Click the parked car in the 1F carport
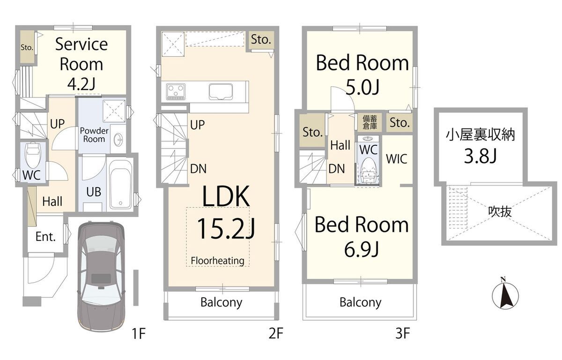[101, 277]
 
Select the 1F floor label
[139, 334]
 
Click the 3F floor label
[403, 334]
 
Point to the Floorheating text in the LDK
[217, 261]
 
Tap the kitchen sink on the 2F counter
[221, 91]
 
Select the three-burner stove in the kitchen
[176, 91]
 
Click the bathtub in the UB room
[121, 185]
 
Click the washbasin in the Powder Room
[118, 139]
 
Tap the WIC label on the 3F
[396, 159]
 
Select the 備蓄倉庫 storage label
[370, 122]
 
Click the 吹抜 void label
[500, 211]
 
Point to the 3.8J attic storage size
[480, 156]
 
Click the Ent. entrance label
[45, 237]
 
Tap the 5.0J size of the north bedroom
[362, 87]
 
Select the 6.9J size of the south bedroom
[361, 249]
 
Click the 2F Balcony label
[221, 302]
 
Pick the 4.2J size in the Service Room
[81, 84]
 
